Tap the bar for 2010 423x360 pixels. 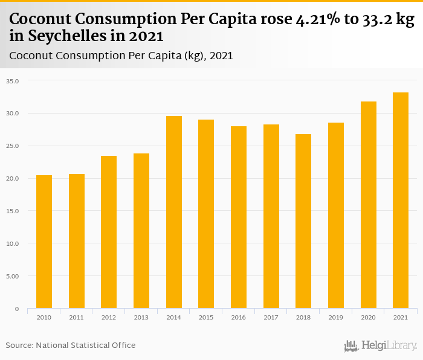[44, 242]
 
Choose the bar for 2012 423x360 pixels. [109, 232]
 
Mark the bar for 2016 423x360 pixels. [239, 217]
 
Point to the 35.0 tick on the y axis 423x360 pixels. [13, 80]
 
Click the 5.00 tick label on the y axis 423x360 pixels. [13, 276]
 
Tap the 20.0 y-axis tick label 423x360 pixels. [13, 178]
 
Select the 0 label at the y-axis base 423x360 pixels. [17, 309]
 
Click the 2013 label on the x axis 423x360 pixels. [141, 317]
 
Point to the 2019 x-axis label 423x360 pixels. [335, 317]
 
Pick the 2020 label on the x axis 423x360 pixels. [368, 317]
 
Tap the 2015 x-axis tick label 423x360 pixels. [206, 317]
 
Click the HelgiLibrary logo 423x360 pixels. [381, 346]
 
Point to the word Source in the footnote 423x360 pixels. [19, 345]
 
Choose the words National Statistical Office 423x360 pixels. [86, 345]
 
